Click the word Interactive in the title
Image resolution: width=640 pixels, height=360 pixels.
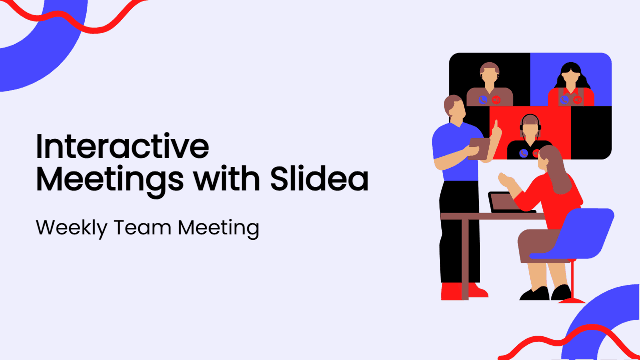[x=123, y=146]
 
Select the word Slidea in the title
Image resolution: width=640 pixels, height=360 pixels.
[x=319, y=178]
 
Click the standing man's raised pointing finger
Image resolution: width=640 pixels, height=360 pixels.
[x=496, y=125]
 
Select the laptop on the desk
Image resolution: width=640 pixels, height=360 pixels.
[x=507, y=202]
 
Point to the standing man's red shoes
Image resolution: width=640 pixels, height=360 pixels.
[x=463, y=291]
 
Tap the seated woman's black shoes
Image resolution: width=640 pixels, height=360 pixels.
[x=545, y=293]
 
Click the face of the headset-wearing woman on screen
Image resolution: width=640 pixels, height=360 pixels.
[x=530, y=130]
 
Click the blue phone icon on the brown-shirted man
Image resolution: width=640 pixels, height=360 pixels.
[x=483, y=100]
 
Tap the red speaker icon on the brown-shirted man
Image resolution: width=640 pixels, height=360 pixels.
[x=496, y=100]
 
